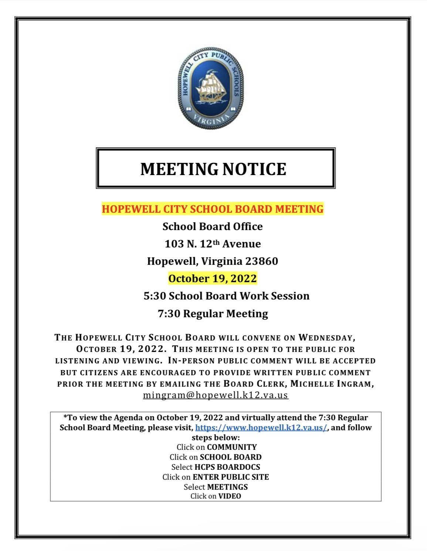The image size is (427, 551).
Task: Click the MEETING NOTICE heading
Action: point(213,169)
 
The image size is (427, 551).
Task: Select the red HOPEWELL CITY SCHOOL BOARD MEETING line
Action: point(213,209)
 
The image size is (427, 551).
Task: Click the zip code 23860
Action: point(261,261)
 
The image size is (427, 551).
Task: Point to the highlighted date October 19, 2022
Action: point(213,278)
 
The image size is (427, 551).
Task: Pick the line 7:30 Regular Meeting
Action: point(213,314)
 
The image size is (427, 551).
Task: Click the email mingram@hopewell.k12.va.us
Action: point(216,395)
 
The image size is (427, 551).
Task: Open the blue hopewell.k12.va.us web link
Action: point(261,428)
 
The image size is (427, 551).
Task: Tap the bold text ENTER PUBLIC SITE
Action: point(231,477)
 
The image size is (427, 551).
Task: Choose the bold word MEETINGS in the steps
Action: point(227,487)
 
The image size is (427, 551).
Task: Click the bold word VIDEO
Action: point(230,496)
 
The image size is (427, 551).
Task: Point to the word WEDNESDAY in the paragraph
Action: point(327,338)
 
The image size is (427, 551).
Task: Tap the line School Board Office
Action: point(213,227)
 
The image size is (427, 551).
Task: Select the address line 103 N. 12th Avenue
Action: point(213,244)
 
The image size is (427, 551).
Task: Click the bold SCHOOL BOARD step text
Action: point(231,457)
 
